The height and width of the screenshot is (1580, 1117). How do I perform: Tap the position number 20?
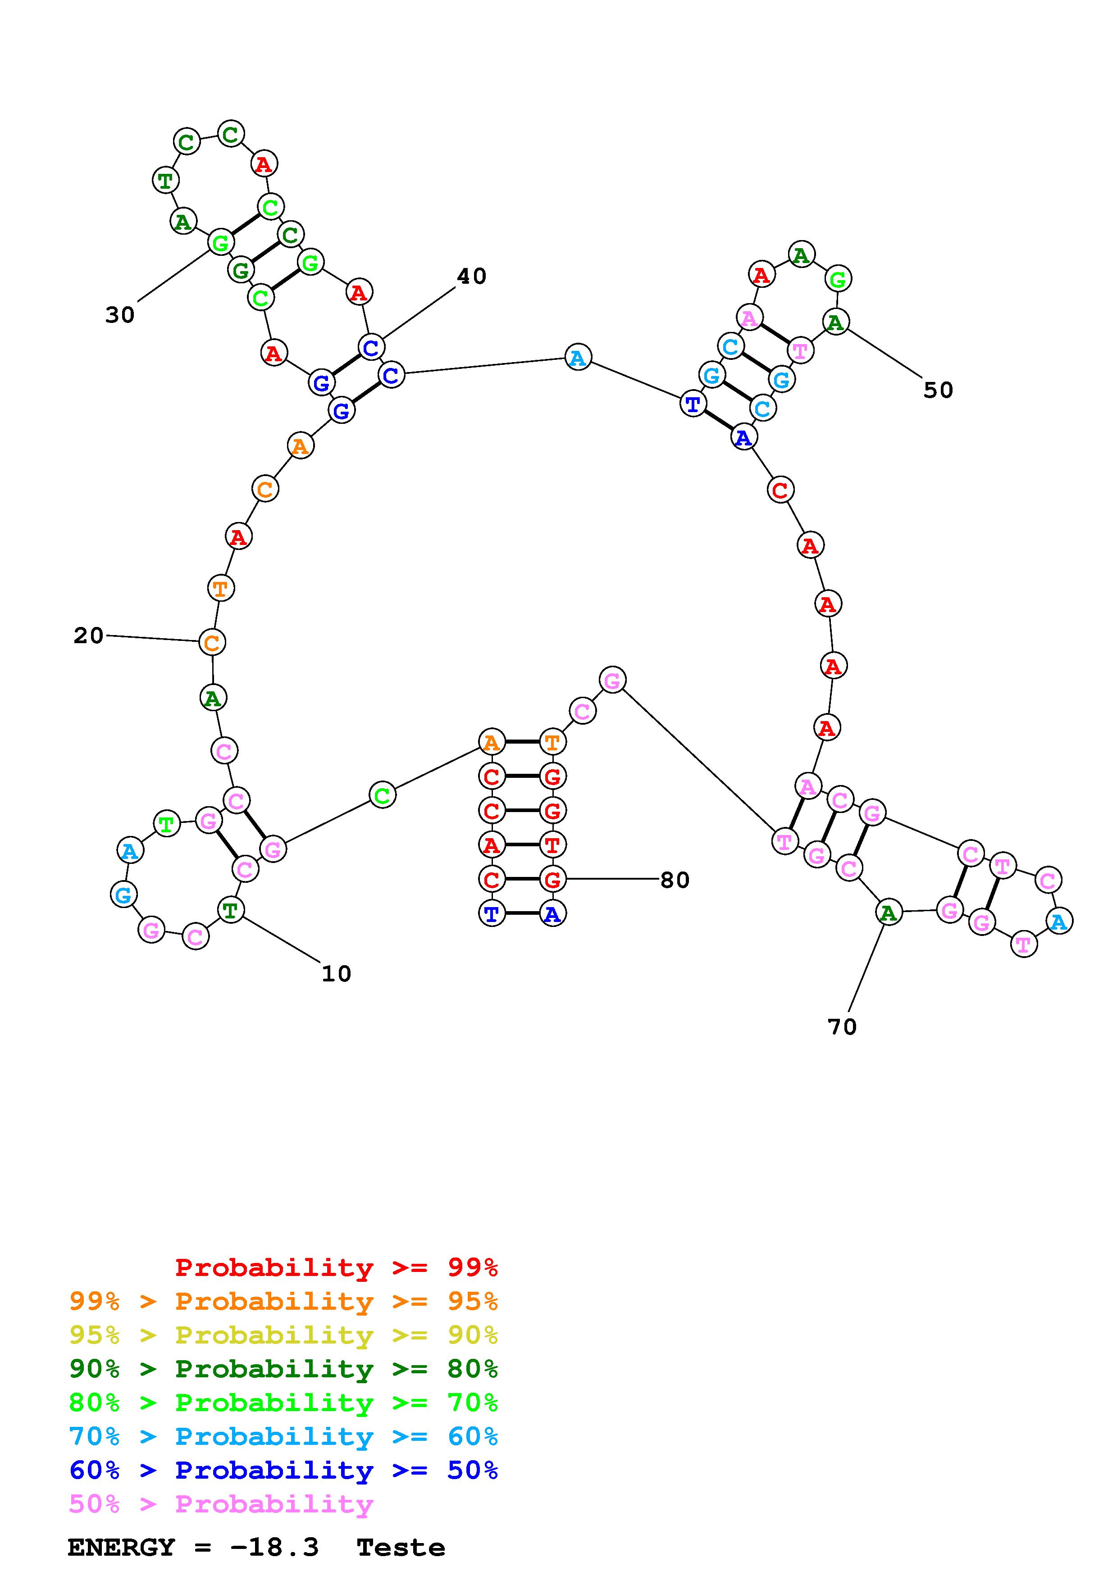pos(89,635)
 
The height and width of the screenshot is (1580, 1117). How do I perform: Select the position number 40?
pos(471,276)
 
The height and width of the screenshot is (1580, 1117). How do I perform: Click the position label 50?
pos(938,390)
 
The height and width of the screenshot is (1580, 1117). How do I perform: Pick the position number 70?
pos(842,1027)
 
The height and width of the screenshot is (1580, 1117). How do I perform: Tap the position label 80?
pos(675,880)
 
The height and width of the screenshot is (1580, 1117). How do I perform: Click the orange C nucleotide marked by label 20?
pos(212,642)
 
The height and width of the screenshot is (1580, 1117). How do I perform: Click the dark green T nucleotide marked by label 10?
pos(230,910)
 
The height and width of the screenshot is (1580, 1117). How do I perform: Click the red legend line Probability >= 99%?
pos(336,1267)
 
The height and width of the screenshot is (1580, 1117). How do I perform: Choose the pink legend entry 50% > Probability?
pos(221,1504)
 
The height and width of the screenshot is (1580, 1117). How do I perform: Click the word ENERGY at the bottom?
pos(121,1548)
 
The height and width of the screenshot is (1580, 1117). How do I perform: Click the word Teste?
pos(401,1548)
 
